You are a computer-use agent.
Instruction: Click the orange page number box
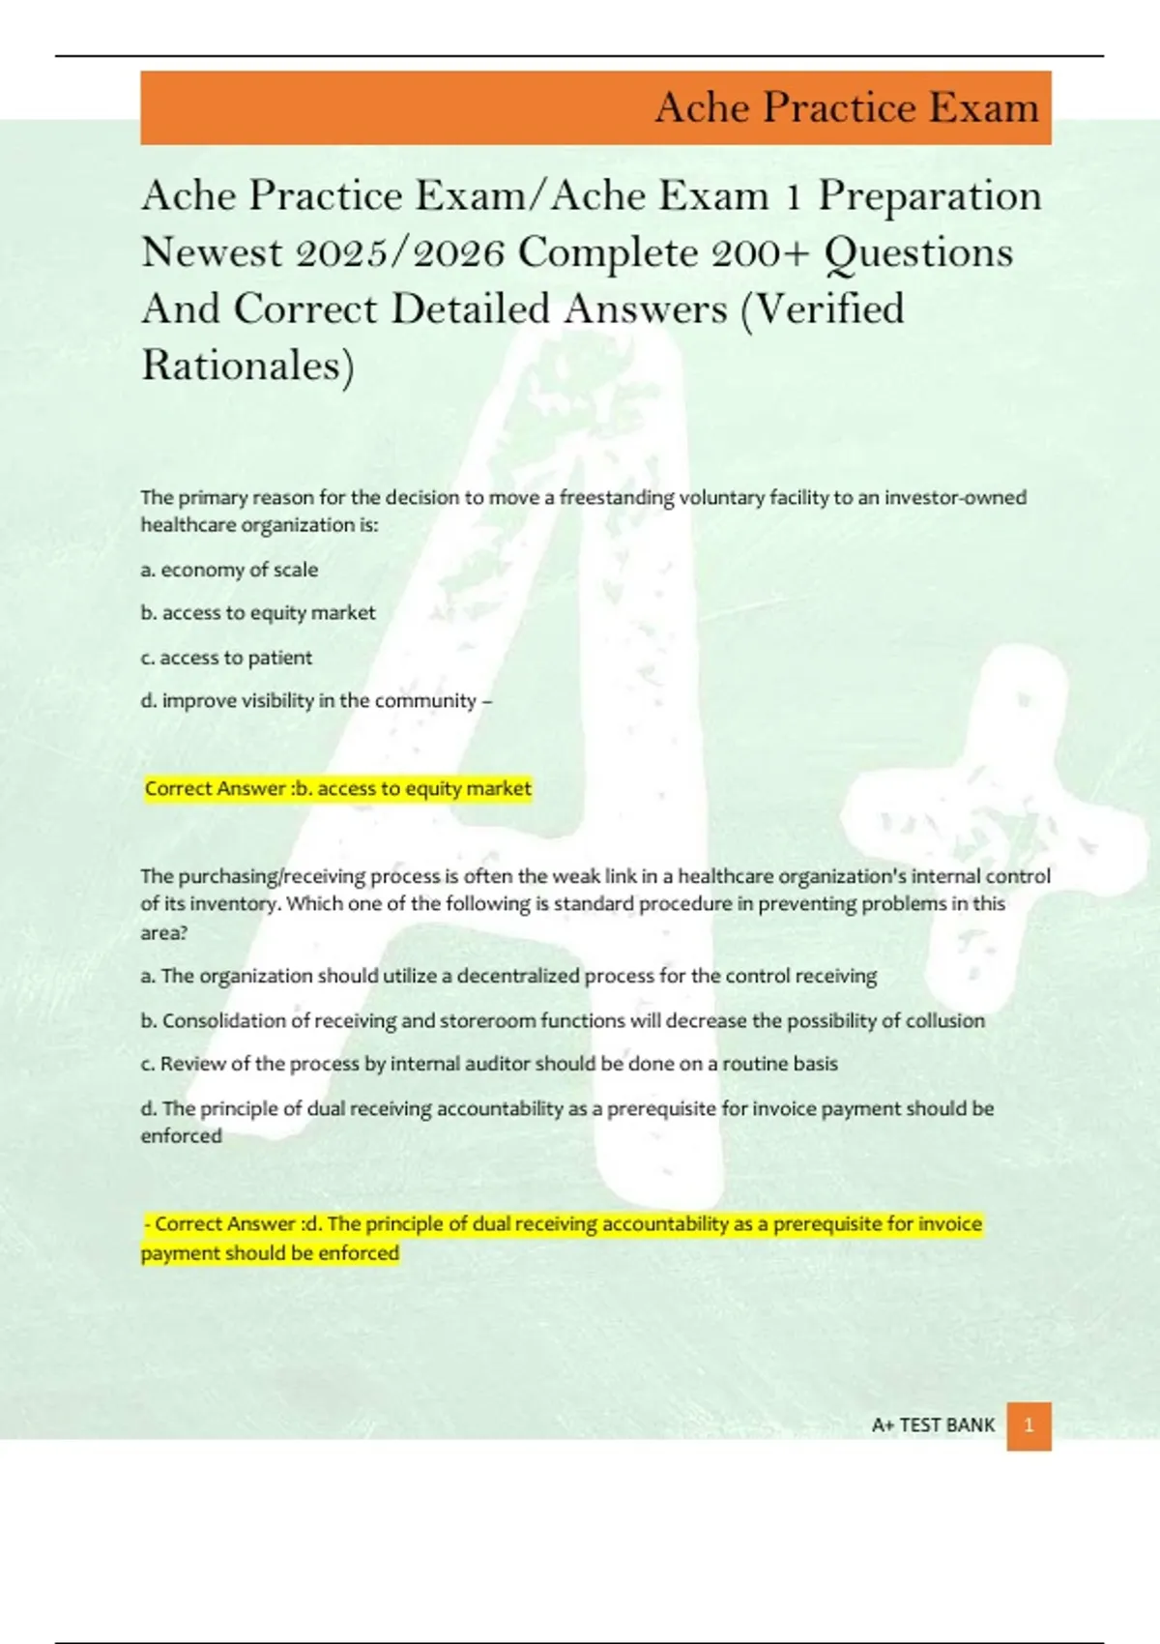coord(1029,1425)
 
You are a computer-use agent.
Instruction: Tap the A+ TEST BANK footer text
coord(933,1425)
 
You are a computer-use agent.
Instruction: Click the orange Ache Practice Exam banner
coord(595,107)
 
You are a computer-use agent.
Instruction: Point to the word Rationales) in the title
coord(248,366)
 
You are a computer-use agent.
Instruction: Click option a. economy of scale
coord(229,570)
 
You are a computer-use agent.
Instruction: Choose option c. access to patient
coord(226,658)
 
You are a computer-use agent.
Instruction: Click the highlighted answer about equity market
coord(337,788)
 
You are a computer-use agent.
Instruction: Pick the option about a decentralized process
coord(508,976)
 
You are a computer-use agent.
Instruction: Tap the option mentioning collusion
coord(563,1020)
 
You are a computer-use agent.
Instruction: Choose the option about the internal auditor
coord(489,1064)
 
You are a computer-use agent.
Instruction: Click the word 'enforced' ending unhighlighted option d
coord(181,1136)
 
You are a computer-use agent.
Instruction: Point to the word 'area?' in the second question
coord(164,933)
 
